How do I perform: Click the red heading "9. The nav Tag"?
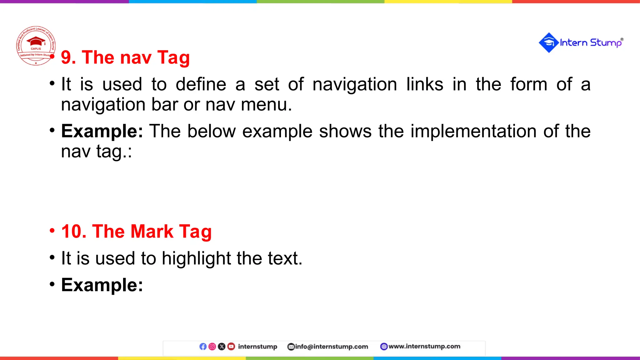point(125,57)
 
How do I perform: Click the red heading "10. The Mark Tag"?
point(137,232)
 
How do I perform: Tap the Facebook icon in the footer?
point(203,347)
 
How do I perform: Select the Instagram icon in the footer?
point(212,347)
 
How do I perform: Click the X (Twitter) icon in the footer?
point(222,347)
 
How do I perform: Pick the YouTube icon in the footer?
point(231,347)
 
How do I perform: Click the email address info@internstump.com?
point(332,347)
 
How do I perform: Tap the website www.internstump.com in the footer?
point(424,346)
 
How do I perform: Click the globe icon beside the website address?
point(384,347)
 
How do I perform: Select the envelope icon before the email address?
point(291,347)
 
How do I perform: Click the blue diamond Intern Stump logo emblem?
point(548,42)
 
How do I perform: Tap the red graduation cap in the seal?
point(36,41)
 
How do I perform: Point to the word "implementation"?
point(473,131)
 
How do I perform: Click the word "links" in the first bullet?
point(425,84)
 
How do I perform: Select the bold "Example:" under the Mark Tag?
point(102,285)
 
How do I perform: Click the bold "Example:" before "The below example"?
point(102,131)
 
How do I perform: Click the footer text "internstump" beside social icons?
point(257,347)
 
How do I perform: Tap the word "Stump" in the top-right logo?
point(606,43)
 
